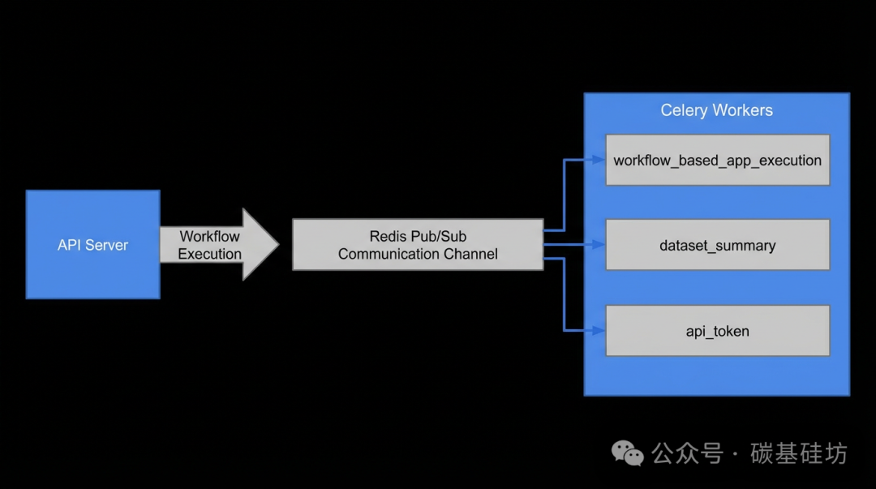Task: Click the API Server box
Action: click(92, 244)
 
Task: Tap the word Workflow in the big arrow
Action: click(209, 237)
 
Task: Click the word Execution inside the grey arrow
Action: click(209, 255)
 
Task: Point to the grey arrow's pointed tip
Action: click(279, 243)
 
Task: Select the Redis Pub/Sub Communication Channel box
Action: click(418, 245)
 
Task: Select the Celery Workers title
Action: click(717, 110)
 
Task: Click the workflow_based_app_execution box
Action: click(718, 160)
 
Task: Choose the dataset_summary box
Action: click(718, 245)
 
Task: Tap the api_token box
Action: click(718, 331)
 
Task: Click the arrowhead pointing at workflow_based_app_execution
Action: click(599, 160)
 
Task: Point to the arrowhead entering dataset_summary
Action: click(599, 245)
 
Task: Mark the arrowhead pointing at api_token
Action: click(599, 331)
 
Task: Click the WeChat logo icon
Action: click(627, 453)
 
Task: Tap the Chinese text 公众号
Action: click(687, 453)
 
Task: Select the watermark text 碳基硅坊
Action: click(799, 453)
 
